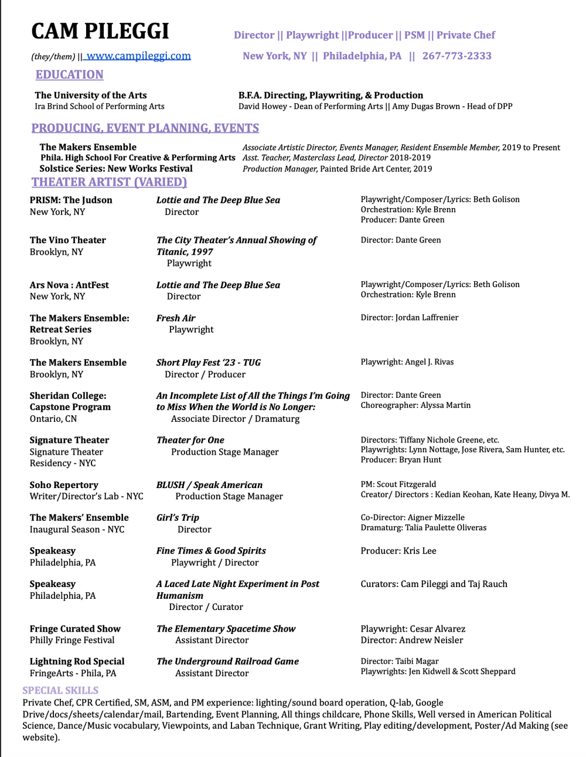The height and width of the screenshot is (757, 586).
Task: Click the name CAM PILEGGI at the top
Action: [x=100, y=31]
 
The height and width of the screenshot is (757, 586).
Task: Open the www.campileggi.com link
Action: [x=138, y=56]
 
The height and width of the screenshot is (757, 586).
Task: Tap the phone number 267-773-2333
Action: [x=456, y=56]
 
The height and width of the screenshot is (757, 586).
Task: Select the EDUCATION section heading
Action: [x=69, y=75]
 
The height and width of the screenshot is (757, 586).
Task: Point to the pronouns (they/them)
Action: [x=53, y=57]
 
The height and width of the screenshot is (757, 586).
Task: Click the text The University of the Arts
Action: [x=91, y=96]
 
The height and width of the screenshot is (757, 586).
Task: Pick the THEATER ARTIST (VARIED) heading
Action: [x=109, y=182]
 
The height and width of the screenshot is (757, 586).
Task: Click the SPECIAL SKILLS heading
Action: [x=60, y=690]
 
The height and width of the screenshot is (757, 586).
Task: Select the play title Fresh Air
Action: [x=176, y=318]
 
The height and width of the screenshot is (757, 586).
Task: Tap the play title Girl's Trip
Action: [x=178, y=518]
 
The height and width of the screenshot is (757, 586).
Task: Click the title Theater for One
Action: [x=190, y=441]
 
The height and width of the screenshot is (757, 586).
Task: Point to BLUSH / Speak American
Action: [x=209, y=485]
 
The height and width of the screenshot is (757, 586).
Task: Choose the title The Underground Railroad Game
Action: [x=227, y=661]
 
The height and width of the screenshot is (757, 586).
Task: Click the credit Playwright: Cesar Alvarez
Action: [x=413, y=629]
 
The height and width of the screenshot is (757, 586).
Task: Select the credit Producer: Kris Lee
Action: [x=398, y=551]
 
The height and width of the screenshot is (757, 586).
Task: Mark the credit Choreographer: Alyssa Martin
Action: [x=415, y=405]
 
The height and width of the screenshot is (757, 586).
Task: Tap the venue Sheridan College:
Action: [x=68, y=396]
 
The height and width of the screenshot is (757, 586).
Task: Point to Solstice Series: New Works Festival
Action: [x=116, y=169]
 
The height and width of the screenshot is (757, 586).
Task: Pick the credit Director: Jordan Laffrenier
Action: [x=409, y=318]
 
